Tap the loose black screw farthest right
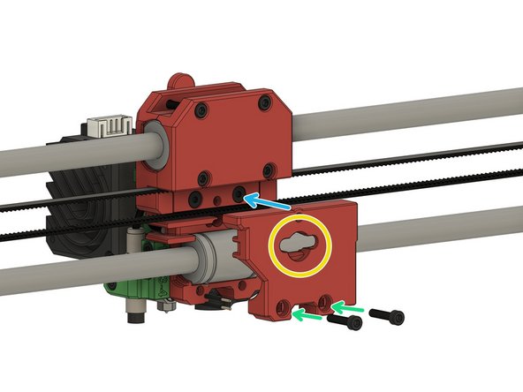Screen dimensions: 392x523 [x=387, y=314]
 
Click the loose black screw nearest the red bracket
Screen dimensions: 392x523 [x=346, y=324]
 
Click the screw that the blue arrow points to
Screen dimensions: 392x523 [x=239, y=192]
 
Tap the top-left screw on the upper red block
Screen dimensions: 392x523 [x=202, y=110]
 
